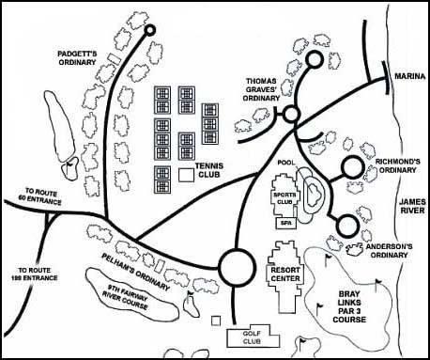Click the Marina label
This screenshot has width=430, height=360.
coord(409,76)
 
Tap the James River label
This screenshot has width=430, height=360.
coord(412,206)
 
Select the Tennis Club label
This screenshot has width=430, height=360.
coord(209,170)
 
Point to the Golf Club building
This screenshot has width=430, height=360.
coord(253,337)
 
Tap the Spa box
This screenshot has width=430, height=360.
coord(285,223)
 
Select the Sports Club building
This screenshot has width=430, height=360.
coord(284,196)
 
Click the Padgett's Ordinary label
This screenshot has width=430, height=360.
coord(77,58)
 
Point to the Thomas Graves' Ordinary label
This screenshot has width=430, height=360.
coord(261,89)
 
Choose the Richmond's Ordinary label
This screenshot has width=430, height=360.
coord(397,165)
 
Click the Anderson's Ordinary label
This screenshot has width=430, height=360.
coord(389,251)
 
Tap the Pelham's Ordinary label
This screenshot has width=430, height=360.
coord(136,272)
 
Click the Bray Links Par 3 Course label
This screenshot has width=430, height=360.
coord(349,306)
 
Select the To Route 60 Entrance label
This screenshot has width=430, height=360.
coord(43,196)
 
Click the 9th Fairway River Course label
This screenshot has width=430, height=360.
coord(125,297)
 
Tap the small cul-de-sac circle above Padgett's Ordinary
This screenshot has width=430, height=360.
coord(150,26)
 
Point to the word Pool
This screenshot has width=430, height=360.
coord(286,163)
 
